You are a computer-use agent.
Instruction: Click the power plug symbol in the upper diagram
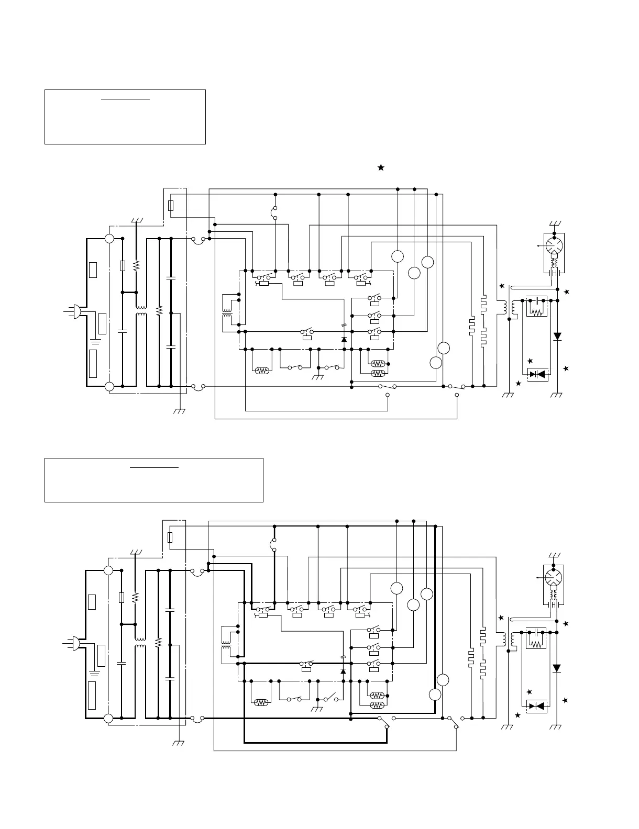click(75, 312)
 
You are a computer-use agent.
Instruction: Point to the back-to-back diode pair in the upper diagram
click(537, 374)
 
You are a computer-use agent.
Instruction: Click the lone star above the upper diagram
click(381, 167)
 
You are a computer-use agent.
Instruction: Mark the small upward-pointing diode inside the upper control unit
click(344, 339)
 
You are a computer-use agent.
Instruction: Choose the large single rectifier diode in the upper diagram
click(557, 337)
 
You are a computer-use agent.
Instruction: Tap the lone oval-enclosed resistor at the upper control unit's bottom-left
click(261, 371)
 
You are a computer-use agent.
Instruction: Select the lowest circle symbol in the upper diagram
click(436, 363)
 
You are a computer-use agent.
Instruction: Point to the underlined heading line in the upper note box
click(125, 98)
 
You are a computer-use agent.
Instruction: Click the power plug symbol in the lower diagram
click(75, 643)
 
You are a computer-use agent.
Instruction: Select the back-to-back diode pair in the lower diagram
click(537, 706)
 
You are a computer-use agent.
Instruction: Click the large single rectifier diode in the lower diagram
click(557, 668)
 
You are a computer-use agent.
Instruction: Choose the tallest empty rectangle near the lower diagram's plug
click(92, 696)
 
